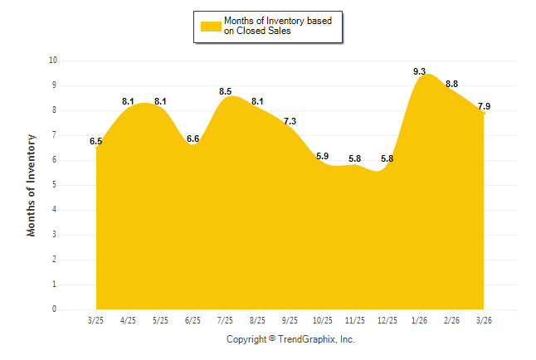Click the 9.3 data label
[420, 72]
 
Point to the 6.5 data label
[96, 142]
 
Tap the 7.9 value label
[484, 106]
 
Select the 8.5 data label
[226, 91]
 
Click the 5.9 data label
[322, 156]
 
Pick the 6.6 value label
[193, 139]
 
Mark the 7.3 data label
[290, 121]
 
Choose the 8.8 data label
[452, 84]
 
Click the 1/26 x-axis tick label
[419, 319]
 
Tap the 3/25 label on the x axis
[95, 319]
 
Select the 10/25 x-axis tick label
[322, 319]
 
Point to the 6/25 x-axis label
[192, 319]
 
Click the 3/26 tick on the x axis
[484, 319]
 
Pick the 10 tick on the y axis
[53, 61]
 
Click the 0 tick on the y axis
[55, 309]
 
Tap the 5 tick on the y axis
[55, 185]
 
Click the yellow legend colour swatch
[210, 26]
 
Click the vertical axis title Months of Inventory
[32, 185]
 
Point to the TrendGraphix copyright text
[290, 339]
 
